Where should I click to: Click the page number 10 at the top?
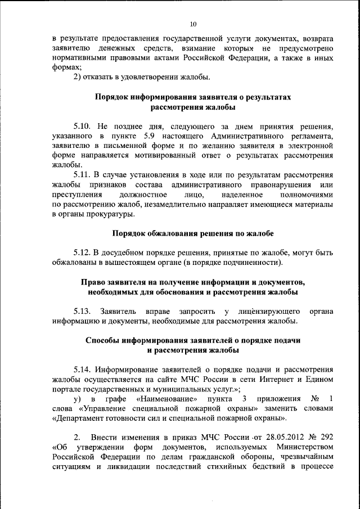pyautogui.click(x=192, y=24)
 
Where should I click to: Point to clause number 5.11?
pyautogui.click(x=82, y=175)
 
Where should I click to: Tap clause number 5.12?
pyautogui.click(x=82, y=251)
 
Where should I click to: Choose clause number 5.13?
pyautogui.click(x=82, y=310)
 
